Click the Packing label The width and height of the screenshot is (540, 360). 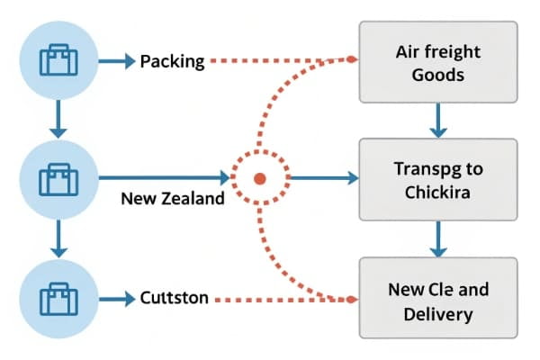click(x=173, y=62)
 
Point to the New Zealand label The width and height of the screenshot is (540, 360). click(x=172, y=199)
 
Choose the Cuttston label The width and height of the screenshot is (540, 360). click(x=175, y=297)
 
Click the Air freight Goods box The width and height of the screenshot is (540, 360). click(x=437, y=63)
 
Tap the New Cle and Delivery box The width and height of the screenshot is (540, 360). click(x=437, y=301)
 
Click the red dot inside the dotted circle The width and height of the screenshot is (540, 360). click(x=259, y=177)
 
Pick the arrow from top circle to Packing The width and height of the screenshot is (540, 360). click(x=115, y=62)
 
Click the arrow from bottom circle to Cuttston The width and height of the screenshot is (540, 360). click(x=115, y=297)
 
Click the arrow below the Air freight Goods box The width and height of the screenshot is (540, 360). click(x=437, y=119)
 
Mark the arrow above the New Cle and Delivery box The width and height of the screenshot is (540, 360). click(x=437, y=239)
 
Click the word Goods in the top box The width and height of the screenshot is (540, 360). click(x=437, y=75)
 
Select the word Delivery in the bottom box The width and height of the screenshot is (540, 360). click(x=437, y=314)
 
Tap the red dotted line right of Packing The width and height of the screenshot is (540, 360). click(x=279, y=62)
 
